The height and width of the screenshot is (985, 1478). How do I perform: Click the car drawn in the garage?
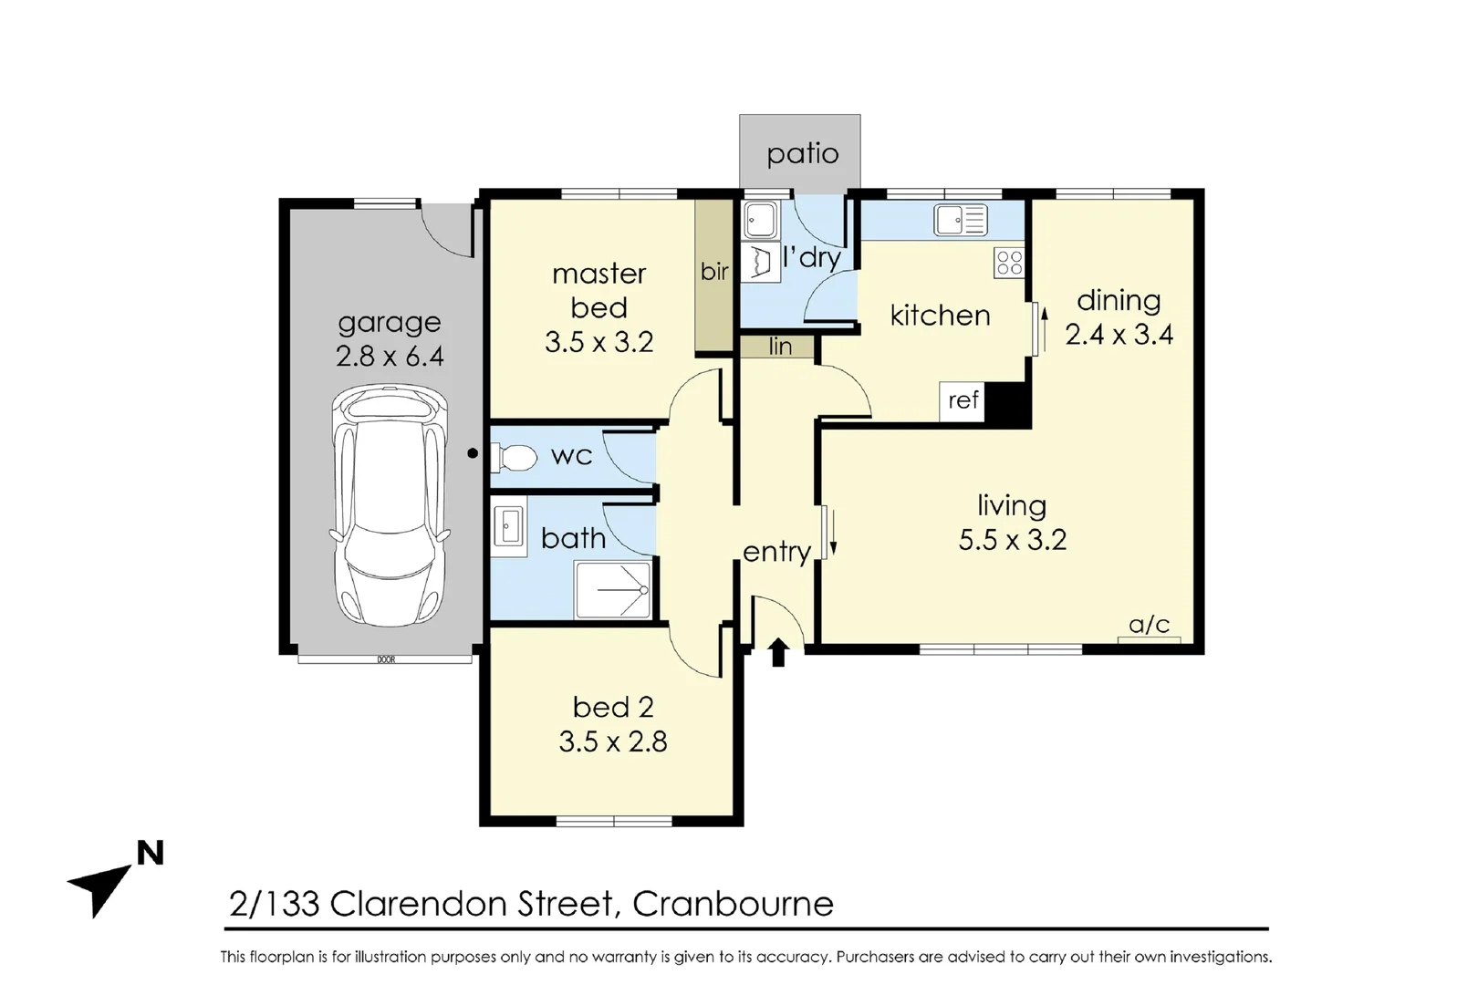(390, 504)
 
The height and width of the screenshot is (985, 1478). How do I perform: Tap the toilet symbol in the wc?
(515, 457)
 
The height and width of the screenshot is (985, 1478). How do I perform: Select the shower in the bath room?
(612, 589)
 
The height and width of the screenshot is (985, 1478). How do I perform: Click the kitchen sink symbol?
(961, 220)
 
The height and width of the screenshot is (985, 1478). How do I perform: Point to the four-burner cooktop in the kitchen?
(1009, 263)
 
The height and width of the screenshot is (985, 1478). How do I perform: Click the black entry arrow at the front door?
(778, 652)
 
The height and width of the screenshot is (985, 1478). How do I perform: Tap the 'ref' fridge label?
(963, 400)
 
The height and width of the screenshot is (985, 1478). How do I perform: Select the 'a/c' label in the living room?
(1149, 625)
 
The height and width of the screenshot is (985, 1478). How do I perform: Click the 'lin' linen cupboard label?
(780, 347)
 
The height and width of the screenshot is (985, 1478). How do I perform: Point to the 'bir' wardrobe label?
(714, 272)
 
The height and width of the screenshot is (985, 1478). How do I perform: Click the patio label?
(802, 153)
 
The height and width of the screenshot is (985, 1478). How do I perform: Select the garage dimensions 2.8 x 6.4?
(390, 356)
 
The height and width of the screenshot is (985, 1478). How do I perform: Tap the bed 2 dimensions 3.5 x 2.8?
(612, 741)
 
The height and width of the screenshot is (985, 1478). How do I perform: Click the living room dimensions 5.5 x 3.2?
(1012, 540)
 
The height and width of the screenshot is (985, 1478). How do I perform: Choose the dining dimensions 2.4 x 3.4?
(1119, 335)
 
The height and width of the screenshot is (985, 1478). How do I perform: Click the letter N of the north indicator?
(150, 854)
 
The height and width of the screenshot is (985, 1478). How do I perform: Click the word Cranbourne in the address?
(733, 904)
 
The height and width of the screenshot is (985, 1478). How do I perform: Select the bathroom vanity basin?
(509, 526)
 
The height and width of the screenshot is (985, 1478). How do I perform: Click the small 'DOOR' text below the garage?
(386, 659)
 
